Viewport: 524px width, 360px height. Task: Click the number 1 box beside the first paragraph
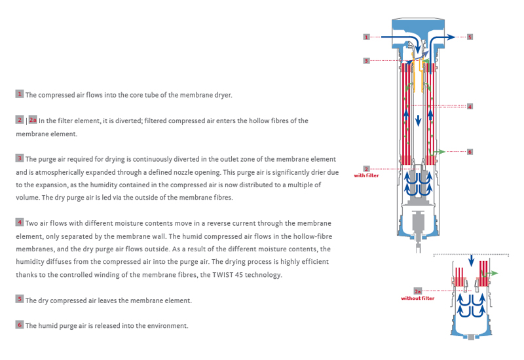[x=20, y=94]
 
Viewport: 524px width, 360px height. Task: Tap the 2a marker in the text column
[x=33, y=120]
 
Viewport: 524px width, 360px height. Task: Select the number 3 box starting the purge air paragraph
[x=20, y=158]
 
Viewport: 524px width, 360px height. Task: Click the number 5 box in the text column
[x=20, y=299]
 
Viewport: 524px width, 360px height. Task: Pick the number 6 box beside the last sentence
[x=20, y=325]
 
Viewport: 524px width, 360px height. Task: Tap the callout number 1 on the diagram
[x=367, y=37]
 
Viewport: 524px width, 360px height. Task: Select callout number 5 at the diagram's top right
[x=470, y=37]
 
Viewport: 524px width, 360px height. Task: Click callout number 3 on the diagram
[x=367, y=60]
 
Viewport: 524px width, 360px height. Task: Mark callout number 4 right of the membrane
[x=470, y=106]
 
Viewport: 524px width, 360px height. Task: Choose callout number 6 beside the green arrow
[x=470, y=152]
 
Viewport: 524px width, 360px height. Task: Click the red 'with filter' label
[x=367, y=175]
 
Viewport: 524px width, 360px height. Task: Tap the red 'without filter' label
[x=417, y=298]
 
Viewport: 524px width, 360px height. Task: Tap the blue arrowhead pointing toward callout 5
[x=452, y=38]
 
